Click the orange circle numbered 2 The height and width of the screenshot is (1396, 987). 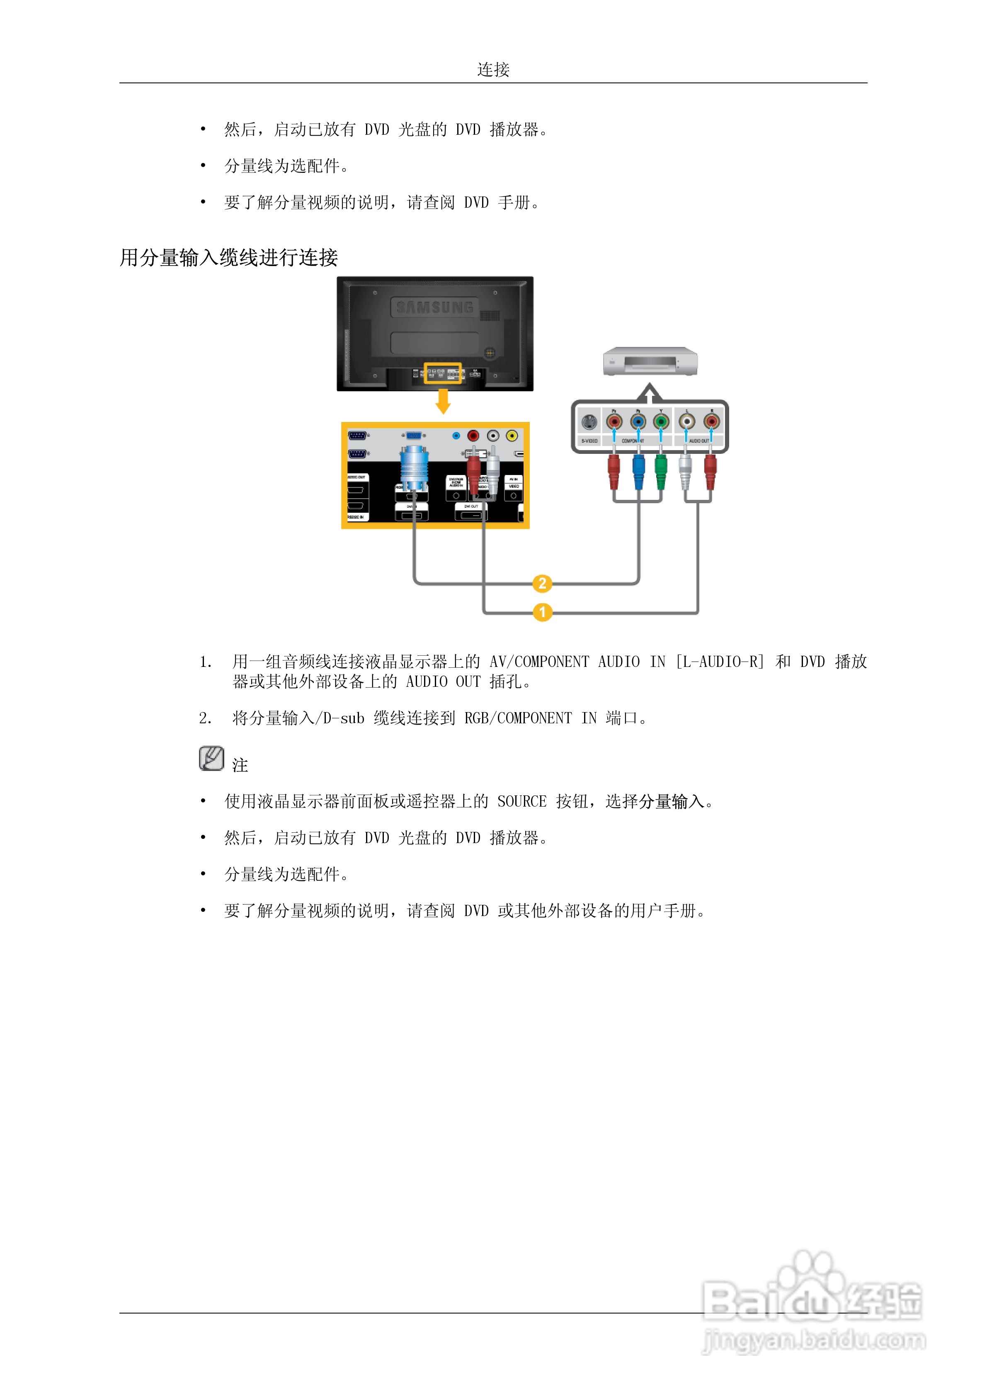(542, 584)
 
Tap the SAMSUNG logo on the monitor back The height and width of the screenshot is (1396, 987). (435, 308)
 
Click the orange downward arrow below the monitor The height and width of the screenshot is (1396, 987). (443, 401)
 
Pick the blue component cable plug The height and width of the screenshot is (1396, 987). (638, 472)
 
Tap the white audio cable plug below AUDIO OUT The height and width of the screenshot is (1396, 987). (685, 472)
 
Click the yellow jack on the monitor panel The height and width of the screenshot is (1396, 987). (512, 435)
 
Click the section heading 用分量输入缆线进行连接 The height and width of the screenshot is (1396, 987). (229, 258)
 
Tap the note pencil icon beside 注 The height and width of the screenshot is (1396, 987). (211, 759)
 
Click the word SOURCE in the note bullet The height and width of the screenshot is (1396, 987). (522, 801)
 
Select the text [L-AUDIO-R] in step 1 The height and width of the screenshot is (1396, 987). (720, 662)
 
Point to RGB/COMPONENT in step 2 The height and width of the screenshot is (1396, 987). (517, 718)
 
